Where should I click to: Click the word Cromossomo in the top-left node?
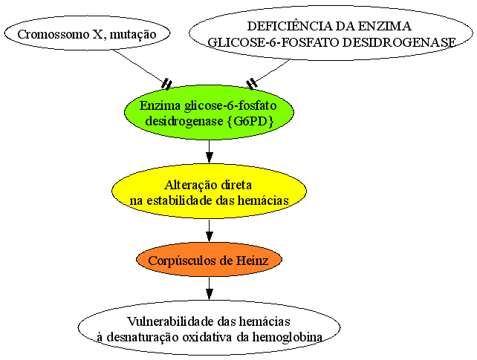click(53, 34)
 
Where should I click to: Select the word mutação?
click(133, 35)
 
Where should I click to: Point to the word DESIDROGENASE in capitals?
click(399, 42)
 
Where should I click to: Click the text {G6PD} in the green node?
click(250, 121)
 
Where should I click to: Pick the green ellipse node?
click(210, 113)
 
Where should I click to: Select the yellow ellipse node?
click(210, 192)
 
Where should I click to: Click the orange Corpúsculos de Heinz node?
click(210, 260)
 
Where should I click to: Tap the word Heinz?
click(253, 261)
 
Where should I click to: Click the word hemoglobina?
click(288, 337)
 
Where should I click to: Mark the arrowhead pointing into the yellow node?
click(210, 157)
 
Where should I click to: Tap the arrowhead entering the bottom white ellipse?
click(210, 294)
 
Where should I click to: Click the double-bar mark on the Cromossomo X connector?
click(166, 84)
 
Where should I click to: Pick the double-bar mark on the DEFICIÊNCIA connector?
click(252, 84)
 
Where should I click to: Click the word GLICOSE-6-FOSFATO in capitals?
click(273, 42)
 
